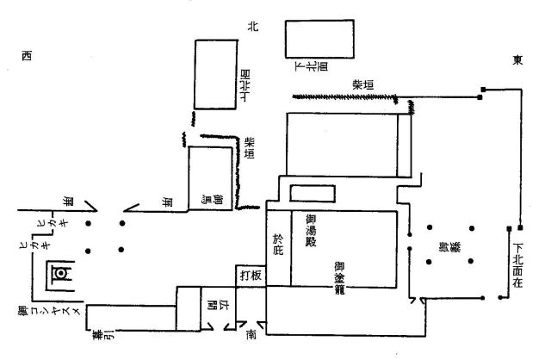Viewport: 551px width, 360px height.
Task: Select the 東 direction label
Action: tap(517, 60)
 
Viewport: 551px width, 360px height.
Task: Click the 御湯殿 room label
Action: tap(310, 231)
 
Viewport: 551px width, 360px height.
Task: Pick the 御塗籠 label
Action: tap(340, 278)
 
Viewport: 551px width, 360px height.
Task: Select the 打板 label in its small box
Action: tap(251, 276)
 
